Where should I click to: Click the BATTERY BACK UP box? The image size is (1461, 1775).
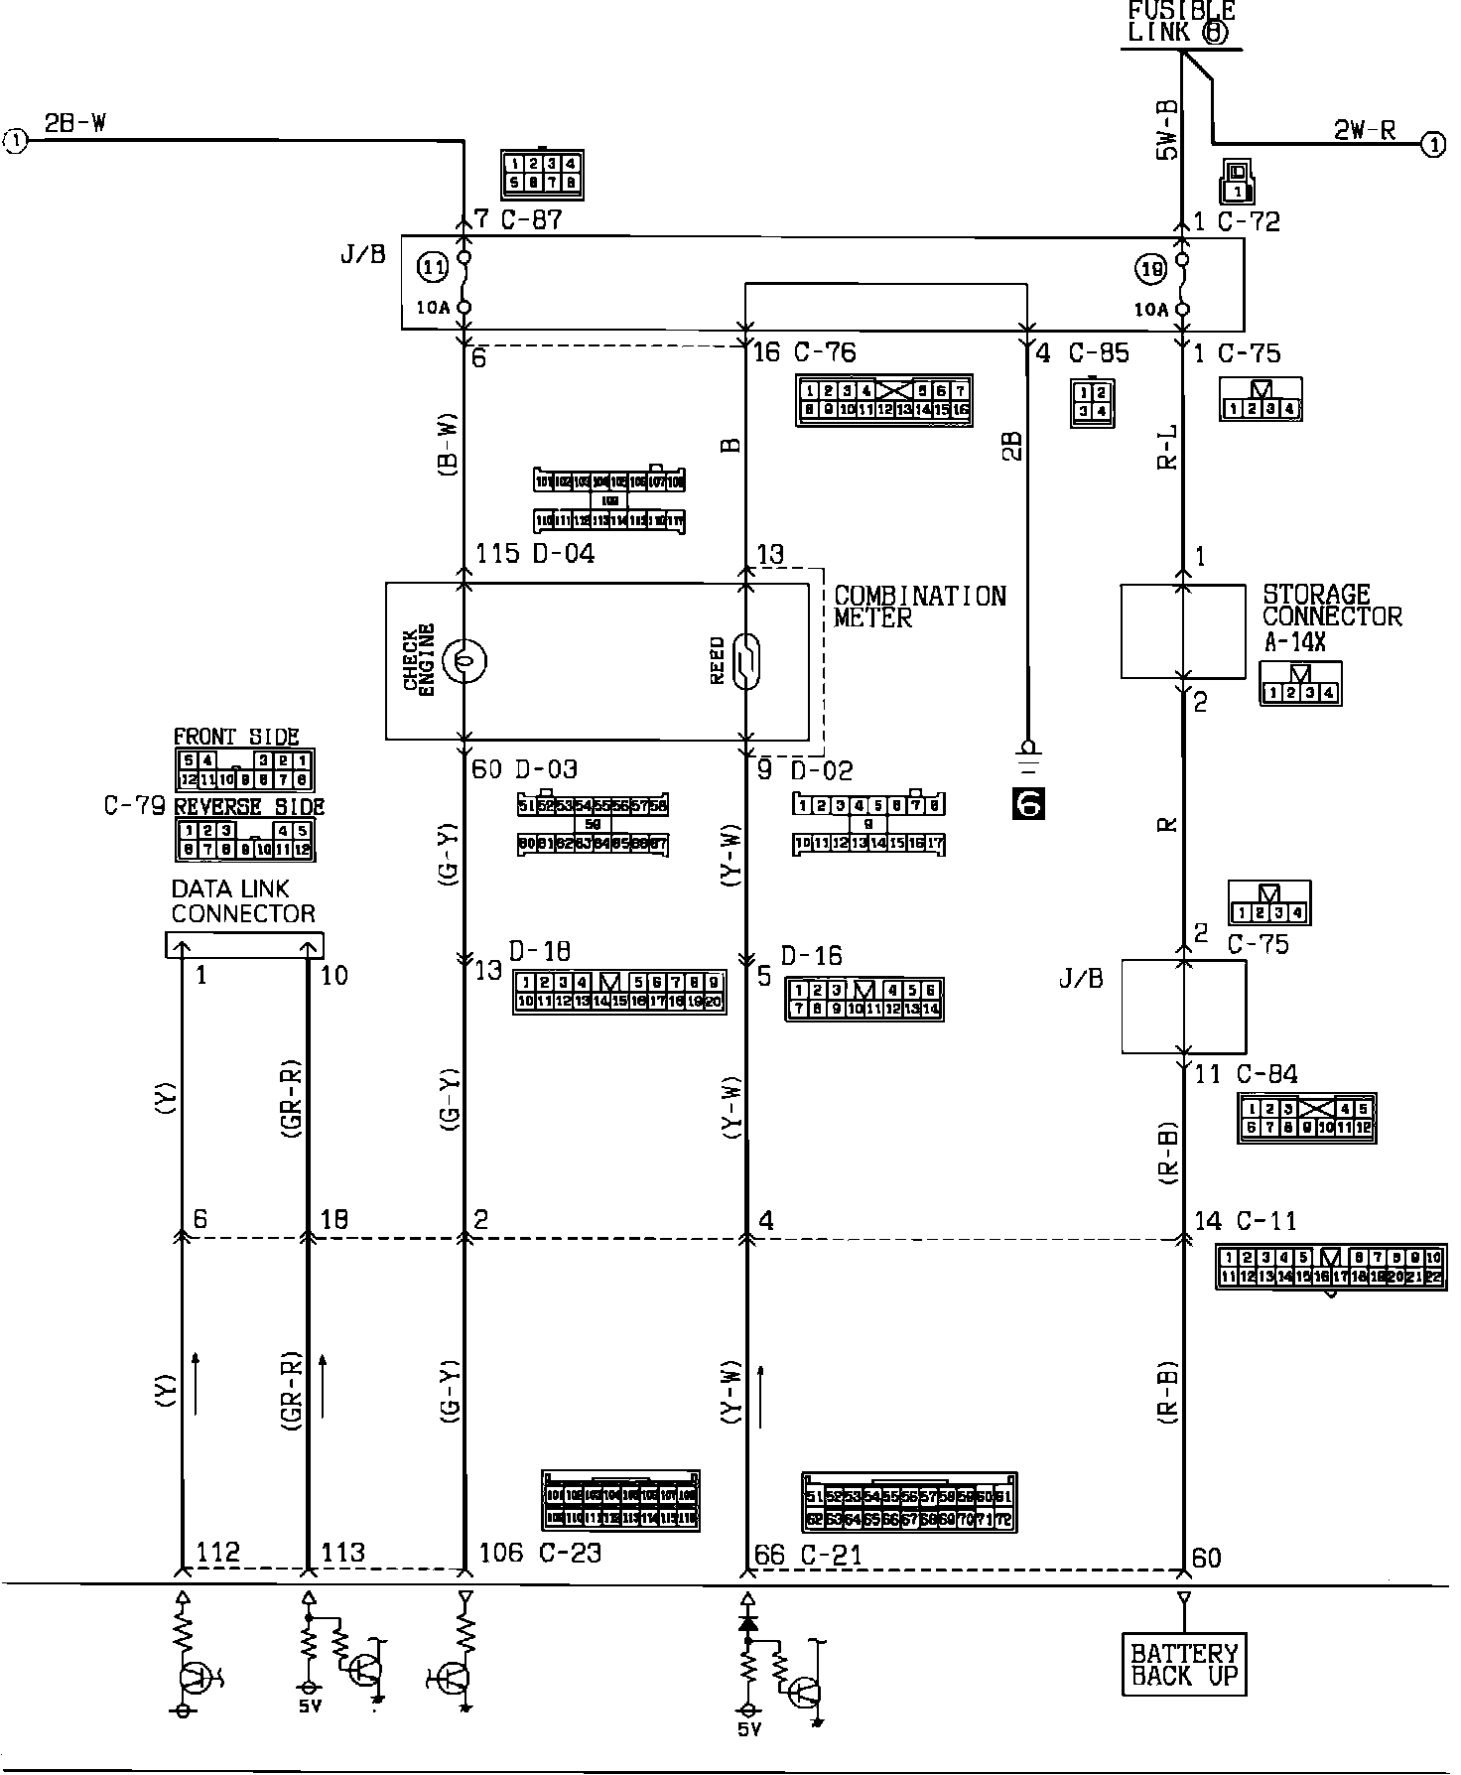(1184, 1665)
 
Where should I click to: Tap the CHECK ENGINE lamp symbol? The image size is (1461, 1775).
(465, 660)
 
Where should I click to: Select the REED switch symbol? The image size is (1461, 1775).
(746, 660)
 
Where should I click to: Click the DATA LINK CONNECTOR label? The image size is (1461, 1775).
(243, 901)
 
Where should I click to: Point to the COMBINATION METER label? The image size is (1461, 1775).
(919, 607)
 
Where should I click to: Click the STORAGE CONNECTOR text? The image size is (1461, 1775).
(1331, 606)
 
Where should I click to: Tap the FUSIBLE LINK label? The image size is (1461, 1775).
(1180, 21)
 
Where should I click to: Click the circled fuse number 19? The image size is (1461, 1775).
(1149, 267)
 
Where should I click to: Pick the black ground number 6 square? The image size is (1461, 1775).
(1028, 802)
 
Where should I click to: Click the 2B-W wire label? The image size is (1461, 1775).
(75, 123)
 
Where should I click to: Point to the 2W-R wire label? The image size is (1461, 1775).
(1364, 129)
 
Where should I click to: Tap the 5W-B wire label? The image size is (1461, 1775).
(1166, 129)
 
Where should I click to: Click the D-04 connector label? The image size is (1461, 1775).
(564, 553)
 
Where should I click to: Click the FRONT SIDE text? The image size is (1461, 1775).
(236, 737)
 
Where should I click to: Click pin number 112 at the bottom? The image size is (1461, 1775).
(217, 1553)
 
